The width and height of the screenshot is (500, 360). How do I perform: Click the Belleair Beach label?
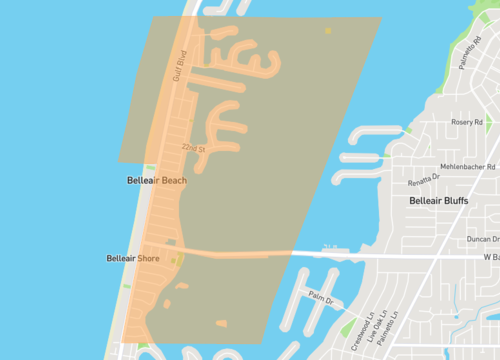pos(157,181)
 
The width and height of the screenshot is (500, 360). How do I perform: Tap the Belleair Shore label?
pos(133,259)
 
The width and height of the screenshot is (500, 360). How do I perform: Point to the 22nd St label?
pos(193,148)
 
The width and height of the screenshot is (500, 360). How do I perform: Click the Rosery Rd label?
pos(466,122)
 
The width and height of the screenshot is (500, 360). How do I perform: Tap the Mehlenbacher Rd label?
pos(467,167)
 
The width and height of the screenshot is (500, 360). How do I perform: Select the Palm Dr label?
pos(321,299)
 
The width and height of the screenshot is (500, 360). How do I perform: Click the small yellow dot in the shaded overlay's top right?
pos(328,31)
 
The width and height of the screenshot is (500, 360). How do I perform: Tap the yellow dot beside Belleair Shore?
pos(172,261)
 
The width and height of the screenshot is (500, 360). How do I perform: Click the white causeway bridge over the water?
pos(330,255)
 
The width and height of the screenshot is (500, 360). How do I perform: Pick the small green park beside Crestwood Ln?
pos(347,328)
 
